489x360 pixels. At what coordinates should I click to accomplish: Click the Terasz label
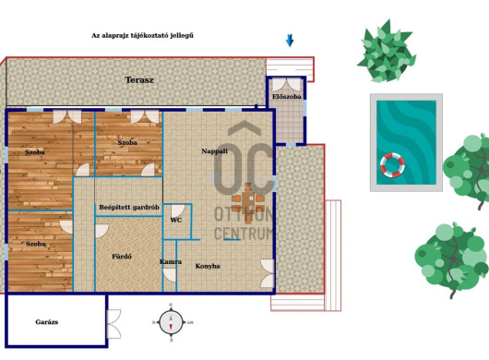[139, 80]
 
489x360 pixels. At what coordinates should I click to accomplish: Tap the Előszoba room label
[287, 97]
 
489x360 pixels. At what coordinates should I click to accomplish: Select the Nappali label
[215, 151]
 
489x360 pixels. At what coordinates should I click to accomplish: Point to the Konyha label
[208, 266]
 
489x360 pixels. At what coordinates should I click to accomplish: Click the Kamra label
[171, 262]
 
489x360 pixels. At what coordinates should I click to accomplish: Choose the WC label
[176, 221]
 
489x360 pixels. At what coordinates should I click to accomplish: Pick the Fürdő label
[122, 257]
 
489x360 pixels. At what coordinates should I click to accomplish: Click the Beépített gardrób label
[129, 207]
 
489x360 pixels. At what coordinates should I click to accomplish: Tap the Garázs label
[47, 322]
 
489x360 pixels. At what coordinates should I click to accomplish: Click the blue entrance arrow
[290, 41]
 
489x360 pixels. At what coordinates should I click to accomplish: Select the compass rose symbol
[171, 322]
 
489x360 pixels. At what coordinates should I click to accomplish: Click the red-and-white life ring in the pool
[392, 165]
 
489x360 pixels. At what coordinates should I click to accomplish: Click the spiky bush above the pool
[387, 52]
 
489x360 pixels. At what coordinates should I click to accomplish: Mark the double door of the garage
[114, 324]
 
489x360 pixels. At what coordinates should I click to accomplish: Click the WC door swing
[178, 211]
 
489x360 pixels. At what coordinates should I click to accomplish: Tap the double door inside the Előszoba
[286, 85]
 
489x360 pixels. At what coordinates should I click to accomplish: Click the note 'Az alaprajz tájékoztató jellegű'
[142, 35]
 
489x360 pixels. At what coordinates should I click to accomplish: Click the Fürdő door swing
[101, 231]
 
